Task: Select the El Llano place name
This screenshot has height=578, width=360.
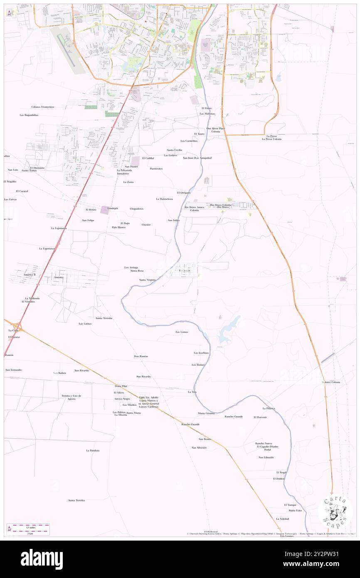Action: [x=207, y=108]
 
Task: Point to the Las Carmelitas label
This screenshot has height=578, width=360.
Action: [x=189, y=141]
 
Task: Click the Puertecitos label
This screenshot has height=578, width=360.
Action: [x=156, y=169]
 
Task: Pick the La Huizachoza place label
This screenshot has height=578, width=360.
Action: [x=165, y=199]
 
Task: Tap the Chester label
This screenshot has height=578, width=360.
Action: [x=146, y=225]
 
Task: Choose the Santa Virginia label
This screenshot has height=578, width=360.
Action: [x=148, y=280]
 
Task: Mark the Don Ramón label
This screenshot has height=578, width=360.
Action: [x=141, y=356]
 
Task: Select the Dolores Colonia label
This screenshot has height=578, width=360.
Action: [x=330, y=382]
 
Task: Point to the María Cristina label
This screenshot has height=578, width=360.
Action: [x=206, y=413]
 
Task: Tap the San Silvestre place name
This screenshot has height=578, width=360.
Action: [x=199, y=447]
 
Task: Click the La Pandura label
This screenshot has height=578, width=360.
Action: [x=93, y=450]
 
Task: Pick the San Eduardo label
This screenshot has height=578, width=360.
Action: [x=266, y=457]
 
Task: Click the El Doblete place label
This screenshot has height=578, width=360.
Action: [x=279, y=479]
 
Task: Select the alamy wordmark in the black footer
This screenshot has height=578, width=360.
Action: [x=42, y=559]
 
